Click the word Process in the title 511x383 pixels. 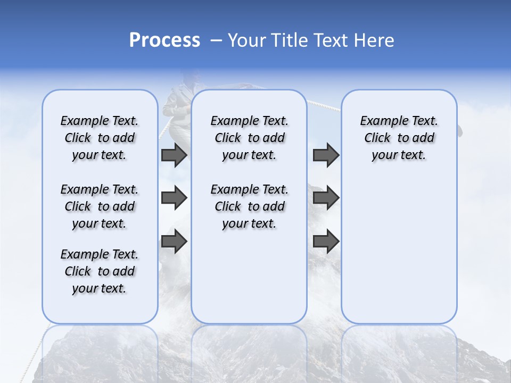pyautogui.click(x=164, y=40)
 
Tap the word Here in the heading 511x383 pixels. pyautogui.click(x=373, y=40)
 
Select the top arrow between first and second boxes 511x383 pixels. pyautogui.click(x=174, y=155)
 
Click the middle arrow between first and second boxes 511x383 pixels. pyautogui.click(x=174, y=198)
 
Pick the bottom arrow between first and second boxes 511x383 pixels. pyautogui.click(x=174, y=242)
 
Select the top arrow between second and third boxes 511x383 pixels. pyautogui.click(x=326, y=155)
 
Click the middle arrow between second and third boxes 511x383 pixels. pyautogui.click(x=326, y=198)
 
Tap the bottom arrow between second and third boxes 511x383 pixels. pyautogui.click(x=326, y=242)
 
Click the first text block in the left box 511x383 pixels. pyautogui.click(x=100, y=138)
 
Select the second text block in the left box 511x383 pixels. pyautogui.click(x=100, y=206)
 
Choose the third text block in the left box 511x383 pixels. pyautogui.click(x=100, y=271)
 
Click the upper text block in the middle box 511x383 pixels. pyautogui.click(x=249, y=138)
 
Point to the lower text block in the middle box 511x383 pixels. pyautogui.click(x=249, y=206)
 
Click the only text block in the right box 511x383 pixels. pyautogui.click(x=399, y=138)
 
